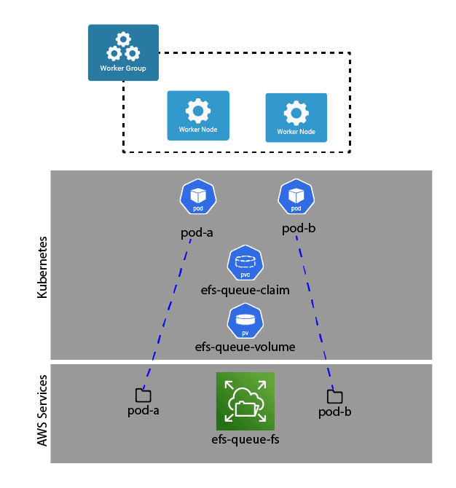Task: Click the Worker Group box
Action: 123,52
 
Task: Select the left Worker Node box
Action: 197,115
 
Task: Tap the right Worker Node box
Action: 296,117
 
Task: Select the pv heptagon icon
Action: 245,320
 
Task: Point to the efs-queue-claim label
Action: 245,290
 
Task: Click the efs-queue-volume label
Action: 245,347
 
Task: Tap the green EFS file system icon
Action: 245,401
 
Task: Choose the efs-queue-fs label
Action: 245,439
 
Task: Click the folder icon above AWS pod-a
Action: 144,395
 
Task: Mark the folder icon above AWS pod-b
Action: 335,397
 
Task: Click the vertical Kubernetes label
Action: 42,266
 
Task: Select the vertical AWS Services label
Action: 42,412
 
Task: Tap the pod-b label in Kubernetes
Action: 299,229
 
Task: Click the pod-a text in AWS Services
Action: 144,410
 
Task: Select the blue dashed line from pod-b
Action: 315,313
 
